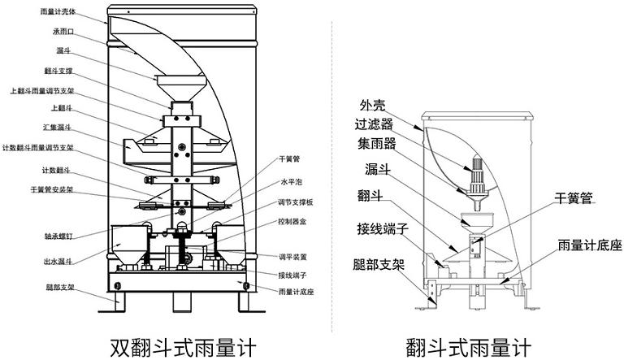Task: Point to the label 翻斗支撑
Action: point(60,72)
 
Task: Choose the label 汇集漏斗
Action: point(58,128)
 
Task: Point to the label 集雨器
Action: point(375,144)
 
